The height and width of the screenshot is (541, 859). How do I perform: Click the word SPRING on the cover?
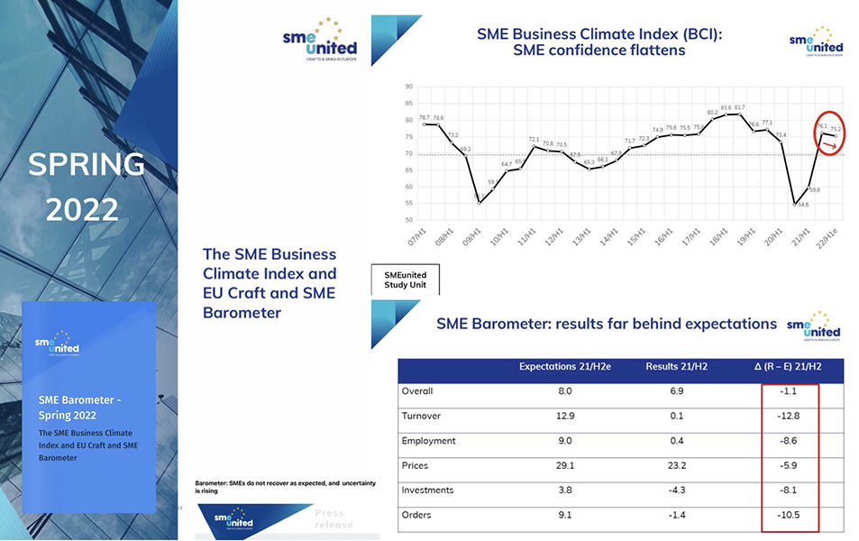(x=87, y=164)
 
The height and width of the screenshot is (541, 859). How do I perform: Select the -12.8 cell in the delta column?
(x=789, y=416)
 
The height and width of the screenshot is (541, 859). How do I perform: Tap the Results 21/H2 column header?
(x=676, y=367)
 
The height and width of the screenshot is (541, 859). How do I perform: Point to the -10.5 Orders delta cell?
(x=789, y=516)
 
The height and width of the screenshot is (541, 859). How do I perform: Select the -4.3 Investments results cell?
(x=676, y=491)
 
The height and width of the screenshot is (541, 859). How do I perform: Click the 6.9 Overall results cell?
(x=676, y=391)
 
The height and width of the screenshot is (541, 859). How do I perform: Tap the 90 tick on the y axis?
(x=408, y=87)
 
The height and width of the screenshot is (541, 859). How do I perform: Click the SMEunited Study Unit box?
(x=405, y=280)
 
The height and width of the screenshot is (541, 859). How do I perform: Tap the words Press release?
(x=334, y=518)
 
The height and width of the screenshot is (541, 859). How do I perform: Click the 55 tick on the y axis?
(x=408, y=204)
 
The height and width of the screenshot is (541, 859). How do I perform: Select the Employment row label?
(x=429, y=441)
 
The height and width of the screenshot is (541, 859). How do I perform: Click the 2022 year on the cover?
(x=82, y=210)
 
